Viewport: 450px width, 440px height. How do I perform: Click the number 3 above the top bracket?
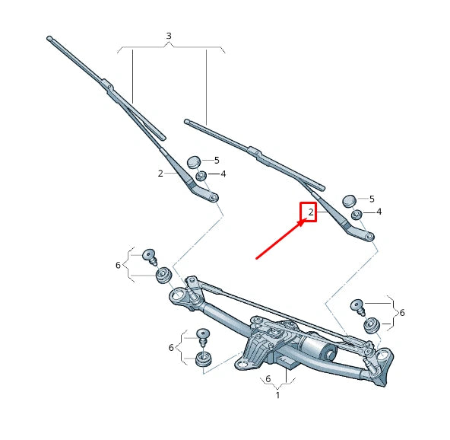pyautogui.click(x=169, y=36)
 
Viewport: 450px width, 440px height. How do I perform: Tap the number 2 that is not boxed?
pyautogui.click(x=160, y=174)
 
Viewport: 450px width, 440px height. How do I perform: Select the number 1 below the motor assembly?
pyautogui.click(x=277, y=395)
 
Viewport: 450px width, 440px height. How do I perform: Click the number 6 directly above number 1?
pyautogui.click(x=268, y=378)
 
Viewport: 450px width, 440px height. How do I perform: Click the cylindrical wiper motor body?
pyautogui.click(x=319, y=350)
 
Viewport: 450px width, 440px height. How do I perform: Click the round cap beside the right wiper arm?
pyautogui.click(x=350, y=200)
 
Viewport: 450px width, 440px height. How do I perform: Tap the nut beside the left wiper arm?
pyautogui.click(x=201, y=177)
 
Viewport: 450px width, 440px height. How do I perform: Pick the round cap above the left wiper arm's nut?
pyautogui.click(x=194, y=161)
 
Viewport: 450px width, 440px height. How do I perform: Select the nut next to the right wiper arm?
pyautogui.click(x=357, y=214)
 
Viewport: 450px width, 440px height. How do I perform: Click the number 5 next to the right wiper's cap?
pyautogui.click(x=372, y=199)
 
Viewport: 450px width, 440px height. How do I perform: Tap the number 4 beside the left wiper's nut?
pyautogui.click(x=223, y=174)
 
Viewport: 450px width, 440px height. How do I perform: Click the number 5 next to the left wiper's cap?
pyautogui.click(x=217, y=160)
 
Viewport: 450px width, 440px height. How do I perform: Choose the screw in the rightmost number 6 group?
pyautogui.click(x=358, y=307)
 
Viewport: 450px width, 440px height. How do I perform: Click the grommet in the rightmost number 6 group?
pyautogui.click(x=371, y=326)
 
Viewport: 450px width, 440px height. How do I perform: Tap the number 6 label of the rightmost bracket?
pyautogui.click(x=401, y=313)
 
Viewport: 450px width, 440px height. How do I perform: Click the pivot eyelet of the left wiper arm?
pyautogui.click(x=214, y=197)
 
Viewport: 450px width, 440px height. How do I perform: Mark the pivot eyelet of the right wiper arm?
pyautogui.click(x=369, y=237)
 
